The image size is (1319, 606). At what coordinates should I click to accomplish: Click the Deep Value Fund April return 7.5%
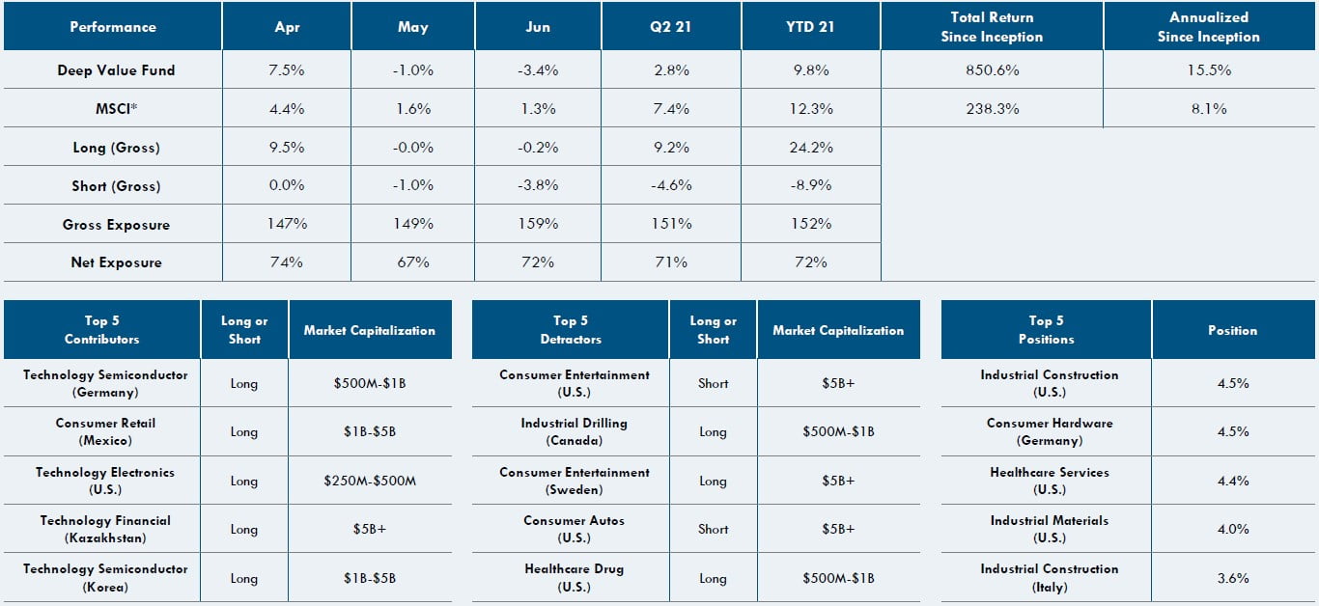[x=287, y=70]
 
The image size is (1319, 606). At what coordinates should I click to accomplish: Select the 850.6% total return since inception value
[x=992, y=70]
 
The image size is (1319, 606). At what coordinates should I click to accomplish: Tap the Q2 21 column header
[x=670, y=27]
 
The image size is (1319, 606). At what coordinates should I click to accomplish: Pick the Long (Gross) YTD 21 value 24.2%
[x=811, y=148]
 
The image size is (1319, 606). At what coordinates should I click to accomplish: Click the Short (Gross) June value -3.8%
[x=538, y=186]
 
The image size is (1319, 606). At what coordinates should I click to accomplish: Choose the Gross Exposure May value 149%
[x=413, y=224]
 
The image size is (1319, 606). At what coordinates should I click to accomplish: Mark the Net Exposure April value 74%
[x=287, y=262]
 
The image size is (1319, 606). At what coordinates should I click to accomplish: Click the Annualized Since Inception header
[x=1208, y=27]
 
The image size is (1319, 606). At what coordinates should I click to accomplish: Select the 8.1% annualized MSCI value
[x=1208, y=109]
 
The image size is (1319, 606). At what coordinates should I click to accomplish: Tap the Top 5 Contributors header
[x=101, y=330]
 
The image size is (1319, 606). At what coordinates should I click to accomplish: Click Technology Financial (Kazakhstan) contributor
[x=105, y=529]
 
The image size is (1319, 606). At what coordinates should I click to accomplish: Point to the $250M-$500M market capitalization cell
[x=369, y=481]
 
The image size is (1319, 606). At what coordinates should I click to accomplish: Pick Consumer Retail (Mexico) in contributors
[x=105, y=431]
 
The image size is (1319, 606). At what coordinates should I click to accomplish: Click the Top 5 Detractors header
[x=570, y=330]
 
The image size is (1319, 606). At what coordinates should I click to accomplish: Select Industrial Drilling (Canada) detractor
[x=574, y=431]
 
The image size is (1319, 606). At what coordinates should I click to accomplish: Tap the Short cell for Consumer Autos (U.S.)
[x=713, y=529]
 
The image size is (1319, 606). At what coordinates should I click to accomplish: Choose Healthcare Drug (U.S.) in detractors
[x=574, y=577]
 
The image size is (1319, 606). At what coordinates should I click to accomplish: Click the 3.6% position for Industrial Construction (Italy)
[x=1233, y=578]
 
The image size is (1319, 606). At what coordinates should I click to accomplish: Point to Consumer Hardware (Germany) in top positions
[x=1049, y=431]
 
